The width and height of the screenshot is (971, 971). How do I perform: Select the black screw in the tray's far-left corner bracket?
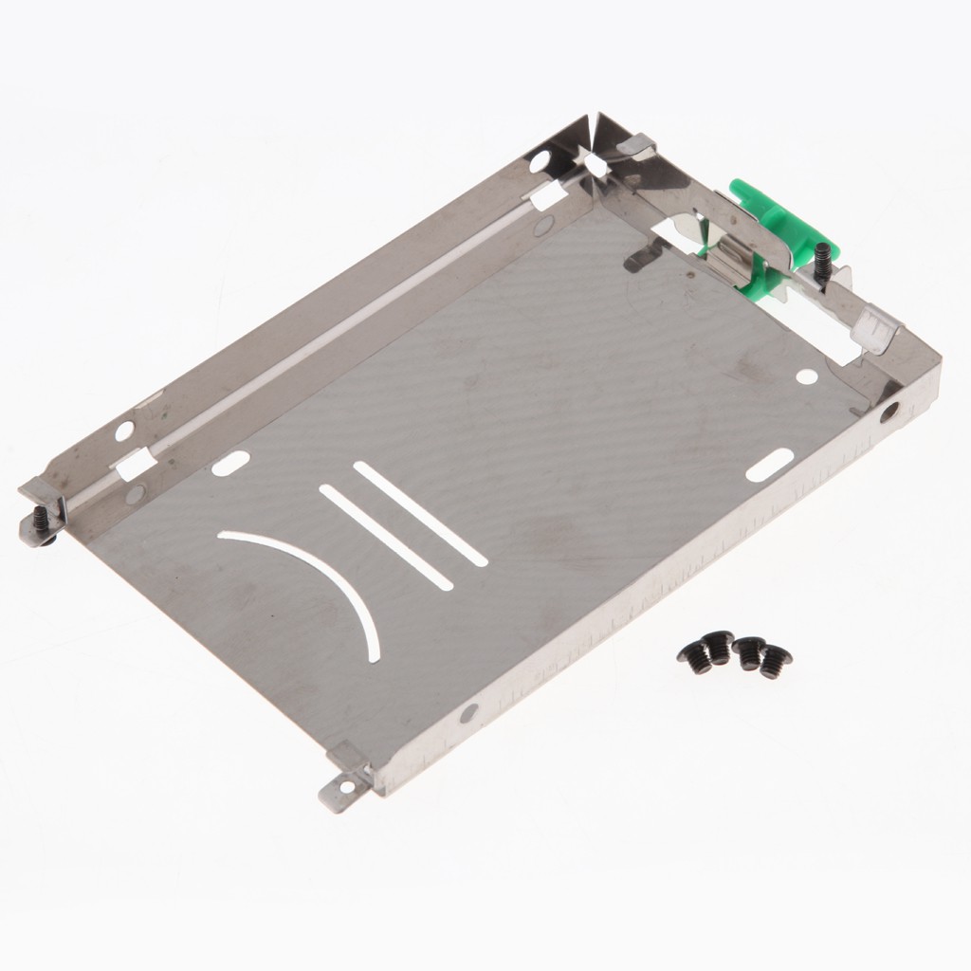click(x=41, y=520)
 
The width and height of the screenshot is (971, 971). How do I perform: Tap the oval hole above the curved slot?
click(x=230, y=464)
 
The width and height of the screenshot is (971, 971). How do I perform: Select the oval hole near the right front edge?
click(x=769, y=466)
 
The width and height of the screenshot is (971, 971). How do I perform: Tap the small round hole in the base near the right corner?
click(x=806, y=376)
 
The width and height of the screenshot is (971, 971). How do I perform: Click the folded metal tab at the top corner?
click(x=636, y=146)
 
